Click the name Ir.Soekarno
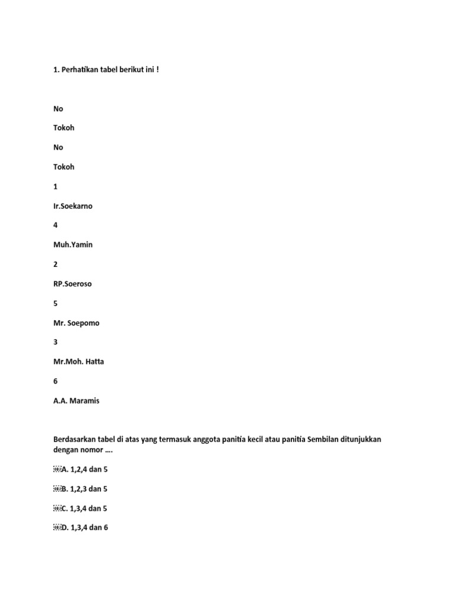pos(73,206)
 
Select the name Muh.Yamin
pos(73,244)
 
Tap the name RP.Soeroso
pos(73,283)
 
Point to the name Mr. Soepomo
pos(76,323)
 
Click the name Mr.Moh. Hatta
pos(79,362)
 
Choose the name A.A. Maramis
pos(76,401)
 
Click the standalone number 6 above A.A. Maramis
pos(56,381)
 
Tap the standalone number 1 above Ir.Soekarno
pos(56,186)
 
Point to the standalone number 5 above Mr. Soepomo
pos(56,303)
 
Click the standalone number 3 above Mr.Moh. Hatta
pos(56,342)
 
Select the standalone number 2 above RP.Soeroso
pos(56,264)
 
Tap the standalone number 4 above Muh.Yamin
pos(56,225)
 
